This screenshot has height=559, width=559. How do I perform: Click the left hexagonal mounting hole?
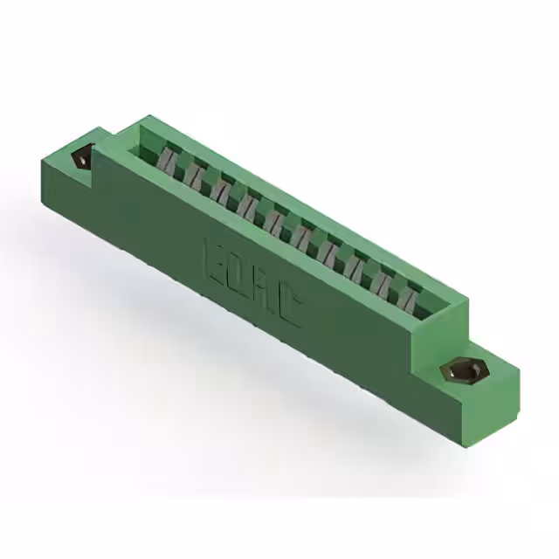coord(80,160)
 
